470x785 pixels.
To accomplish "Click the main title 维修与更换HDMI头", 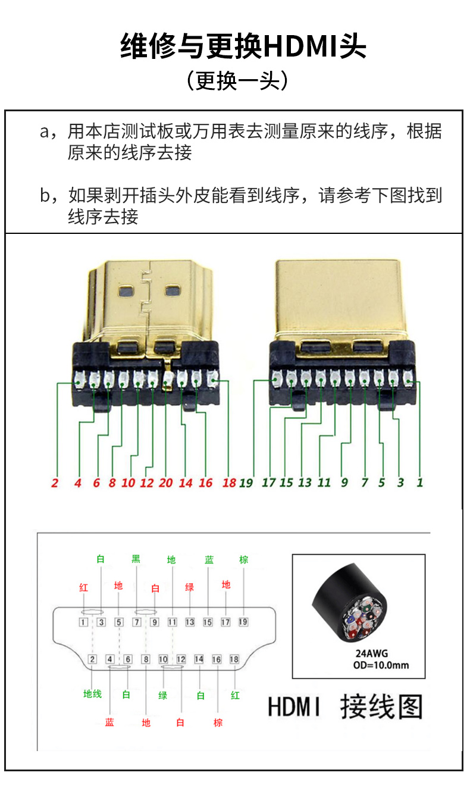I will coord(243,46).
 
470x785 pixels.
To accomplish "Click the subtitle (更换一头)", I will coord(237,80).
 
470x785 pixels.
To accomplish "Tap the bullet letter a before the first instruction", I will coord(45,132).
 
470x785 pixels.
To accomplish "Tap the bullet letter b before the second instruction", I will coord(45,196).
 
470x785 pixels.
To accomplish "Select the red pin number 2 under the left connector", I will coord(55,483).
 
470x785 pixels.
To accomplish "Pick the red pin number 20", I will coord(165,483).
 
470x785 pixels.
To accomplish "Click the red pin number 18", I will coord(229,483).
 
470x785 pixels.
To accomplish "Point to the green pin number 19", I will coord(246,483).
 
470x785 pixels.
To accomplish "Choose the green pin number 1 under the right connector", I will coord(419,483).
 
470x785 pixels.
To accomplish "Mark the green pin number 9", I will coord(344,483).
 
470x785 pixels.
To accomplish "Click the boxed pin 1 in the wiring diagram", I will coord(84,623).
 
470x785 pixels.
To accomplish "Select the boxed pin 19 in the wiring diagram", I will coord(243,623).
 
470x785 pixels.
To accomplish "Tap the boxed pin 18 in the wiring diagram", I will coord(234,659).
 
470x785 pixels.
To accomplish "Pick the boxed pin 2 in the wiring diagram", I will coord(92,659).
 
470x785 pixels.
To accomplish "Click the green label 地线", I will coord(92,694).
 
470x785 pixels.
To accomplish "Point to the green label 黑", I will coord(136,559).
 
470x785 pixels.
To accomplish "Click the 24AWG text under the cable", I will coord(372,654).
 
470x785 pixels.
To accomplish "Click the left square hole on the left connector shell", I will coord(126,292).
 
